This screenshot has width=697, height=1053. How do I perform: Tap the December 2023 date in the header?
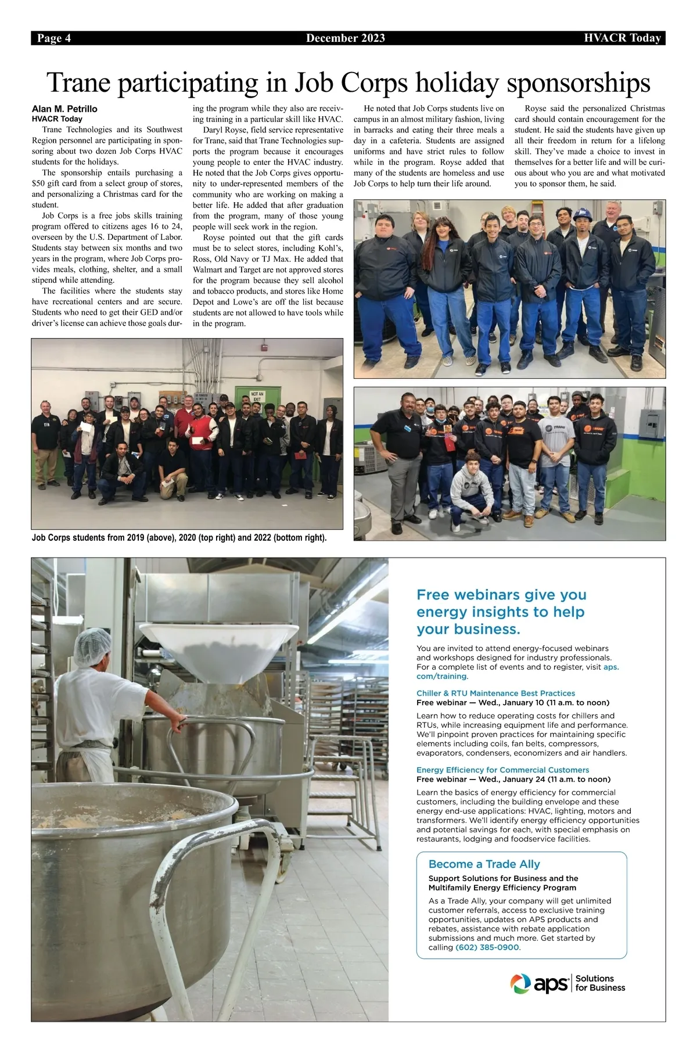pyautogui.click(x=346, y=38)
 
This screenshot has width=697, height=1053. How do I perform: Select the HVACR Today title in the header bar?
pyautogui.click(x=623, y=38)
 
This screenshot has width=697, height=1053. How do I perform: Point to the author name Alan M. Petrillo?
pyautogui.click(x=64, y=109)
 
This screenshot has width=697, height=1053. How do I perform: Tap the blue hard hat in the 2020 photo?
pyautogui.click(x=583, y=214)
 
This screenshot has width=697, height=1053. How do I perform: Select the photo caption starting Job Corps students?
pyautogui.click(x=179, y=537)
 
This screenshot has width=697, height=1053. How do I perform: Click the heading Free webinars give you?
pyautogui.click(x=501, y=595)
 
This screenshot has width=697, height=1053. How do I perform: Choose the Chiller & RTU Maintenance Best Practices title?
pyautogui.click(x=495, y=693)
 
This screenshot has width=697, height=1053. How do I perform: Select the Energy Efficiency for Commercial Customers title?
pyautogui.click(x=502, y=770)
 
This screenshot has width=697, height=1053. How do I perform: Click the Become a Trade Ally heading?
pyautogui.click(x=484, y=864)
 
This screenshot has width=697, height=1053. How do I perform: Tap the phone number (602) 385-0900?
pyautogui.click(x=487, y=947)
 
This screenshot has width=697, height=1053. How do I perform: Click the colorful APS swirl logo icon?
pyautogui.click(x=520, y=983)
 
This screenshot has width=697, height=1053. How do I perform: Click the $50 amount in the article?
pyautogui.click(x=38, y=184)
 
